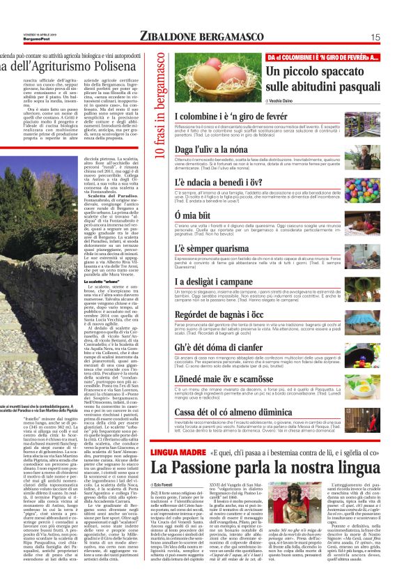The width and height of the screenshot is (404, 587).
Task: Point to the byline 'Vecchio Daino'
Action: coord(286,101)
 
